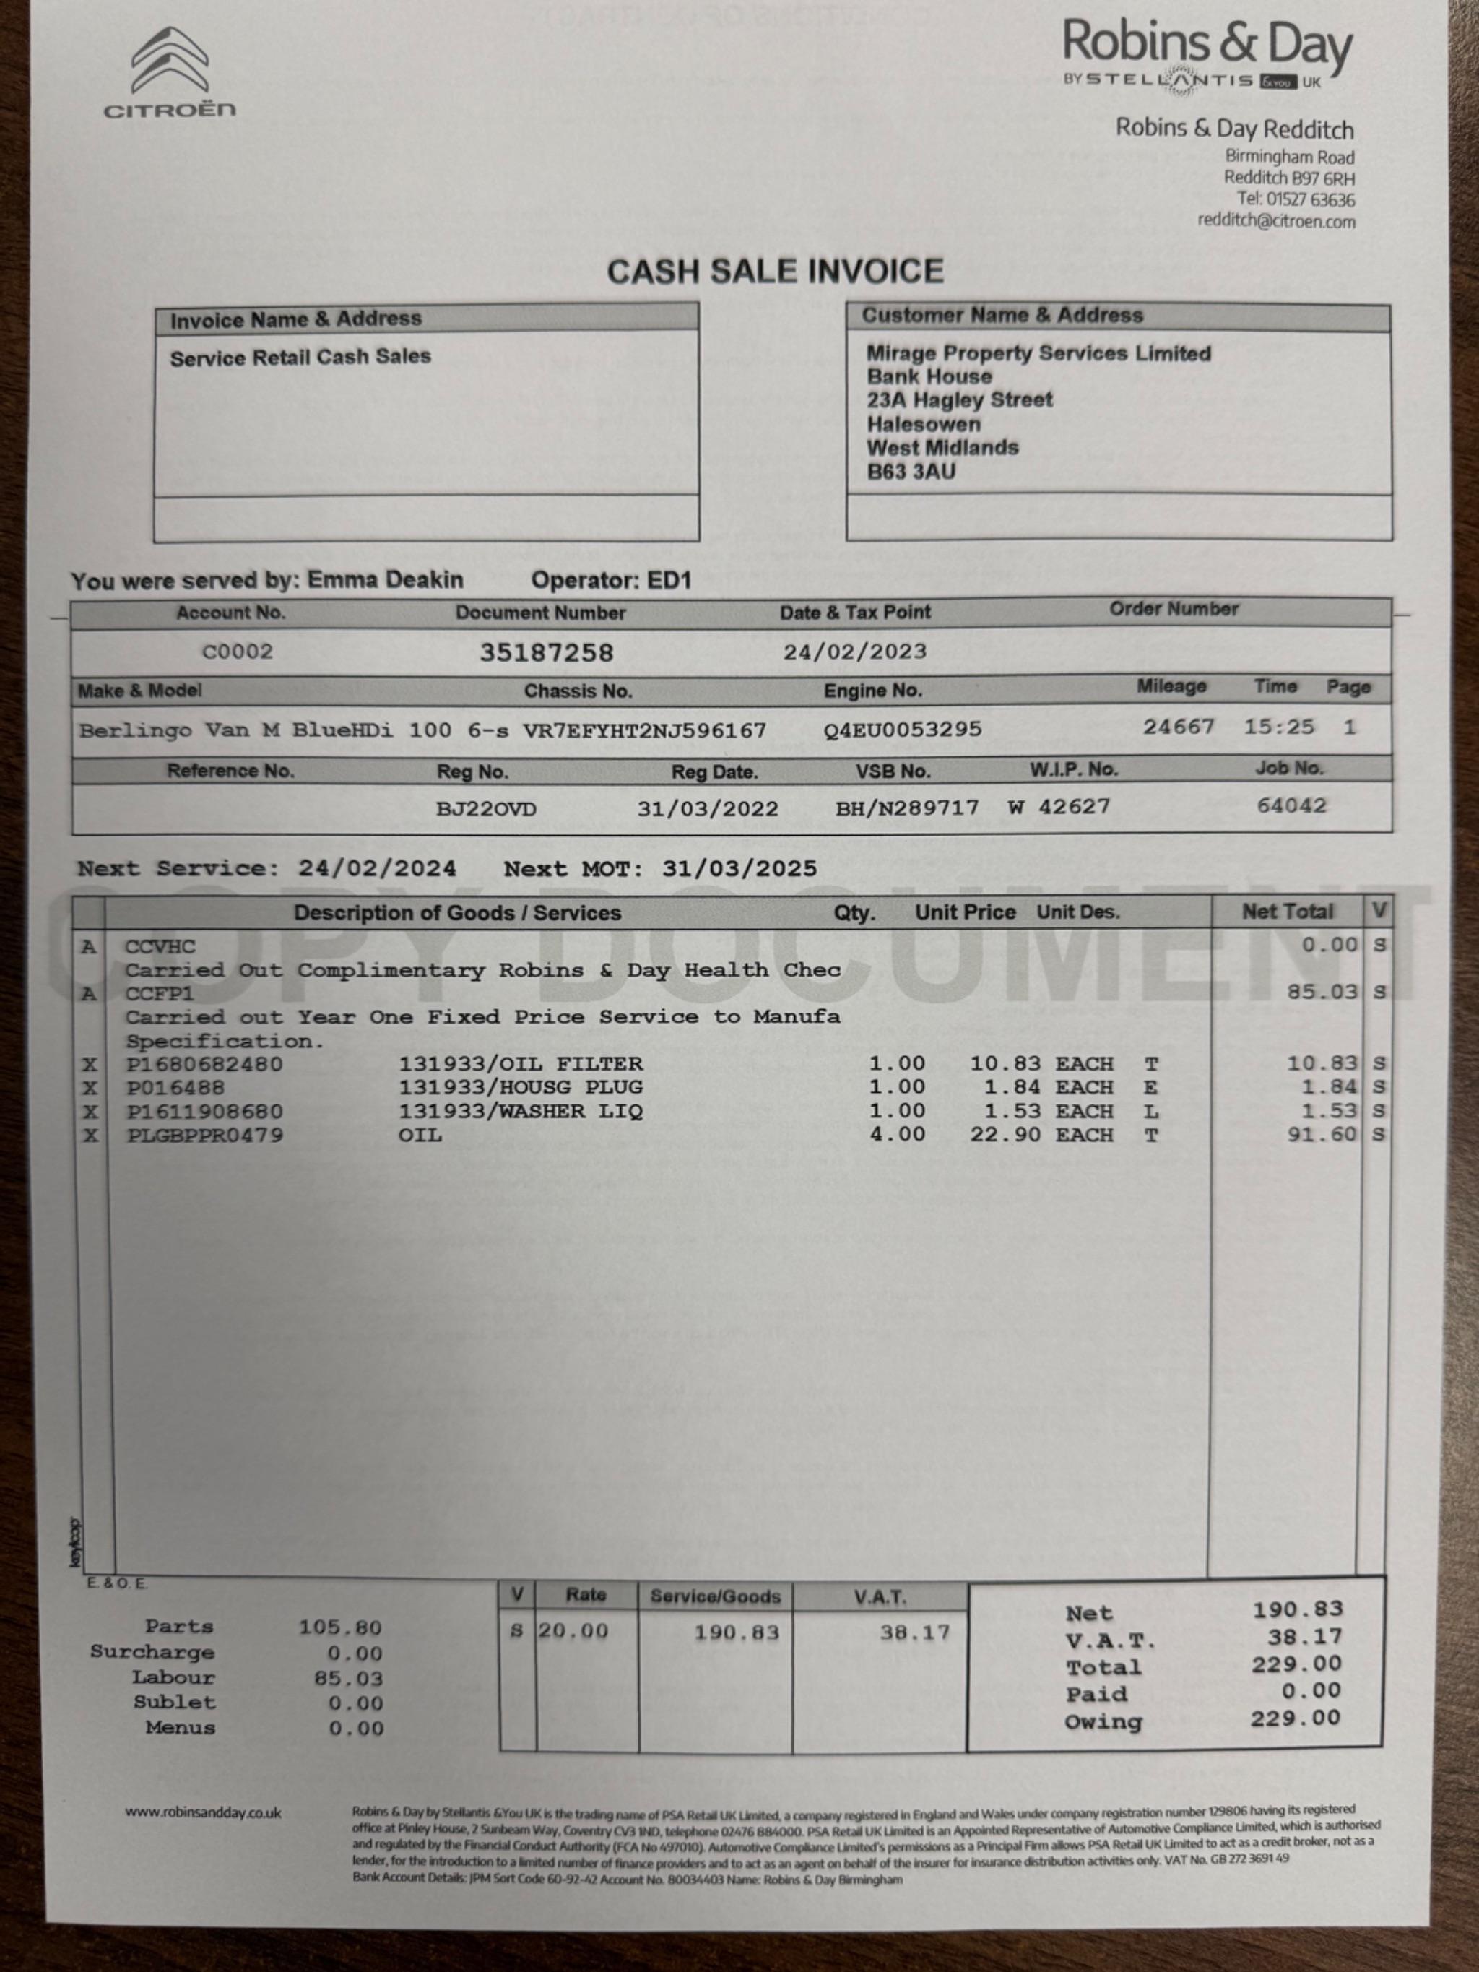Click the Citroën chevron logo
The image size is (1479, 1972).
(170, 61)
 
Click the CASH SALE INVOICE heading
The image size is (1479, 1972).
(775, 271)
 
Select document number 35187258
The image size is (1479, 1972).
(547, 652)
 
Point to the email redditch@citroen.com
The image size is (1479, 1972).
(1276, 221)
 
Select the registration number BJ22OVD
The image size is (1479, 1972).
(486, 808)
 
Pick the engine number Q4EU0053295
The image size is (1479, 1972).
(902, 730)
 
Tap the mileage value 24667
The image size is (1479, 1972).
(1179, 727)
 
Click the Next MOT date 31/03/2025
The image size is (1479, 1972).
(739, 869)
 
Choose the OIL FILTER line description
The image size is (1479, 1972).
(520, 1063)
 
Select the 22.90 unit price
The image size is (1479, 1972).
(1005, 1135)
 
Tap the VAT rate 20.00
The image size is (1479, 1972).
(573, 1632)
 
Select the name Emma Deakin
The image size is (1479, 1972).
(385, 580)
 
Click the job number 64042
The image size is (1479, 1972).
(1291, 806)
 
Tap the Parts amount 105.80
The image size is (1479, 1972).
(339, 1628)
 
